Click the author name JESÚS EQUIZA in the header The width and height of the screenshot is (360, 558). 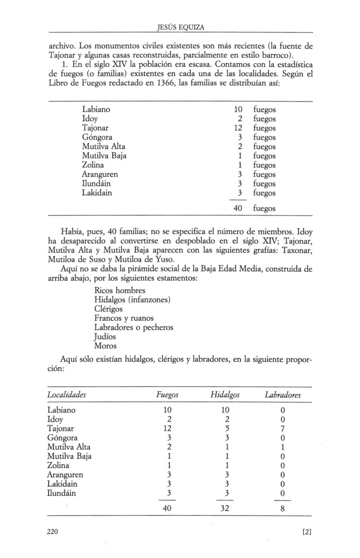click(180, 27)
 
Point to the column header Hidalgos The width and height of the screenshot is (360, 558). click(225, 395)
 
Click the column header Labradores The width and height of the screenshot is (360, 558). click(283, 395)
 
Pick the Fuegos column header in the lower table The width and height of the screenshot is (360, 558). click(167, 395)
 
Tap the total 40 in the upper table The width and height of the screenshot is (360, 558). click(237, 208)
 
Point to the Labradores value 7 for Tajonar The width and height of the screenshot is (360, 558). click(283, 428)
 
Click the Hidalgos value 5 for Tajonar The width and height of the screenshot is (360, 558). click(225, 428)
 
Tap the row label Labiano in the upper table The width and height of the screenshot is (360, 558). click(96, 109)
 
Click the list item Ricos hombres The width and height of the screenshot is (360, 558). click(120, 291)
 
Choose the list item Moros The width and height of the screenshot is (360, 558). click(106, 345)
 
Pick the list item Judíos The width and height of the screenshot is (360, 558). click(107, 336)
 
